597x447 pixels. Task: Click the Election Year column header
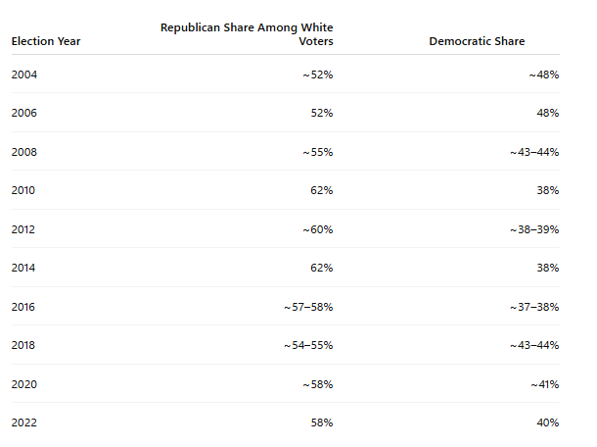point(46,41)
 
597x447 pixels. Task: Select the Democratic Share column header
point(477,41)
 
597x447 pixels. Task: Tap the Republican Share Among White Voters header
point(247,34)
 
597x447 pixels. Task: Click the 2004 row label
point(24,74)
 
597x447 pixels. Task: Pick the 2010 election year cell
point(23,190)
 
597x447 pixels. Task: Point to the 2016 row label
point(23,307)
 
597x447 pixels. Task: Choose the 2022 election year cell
point(24,422)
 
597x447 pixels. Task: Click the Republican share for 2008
point(318,152)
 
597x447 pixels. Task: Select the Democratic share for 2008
point(534,152)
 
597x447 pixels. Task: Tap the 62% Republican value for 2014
point(322,268)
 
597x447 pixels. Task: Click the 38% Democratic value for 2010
point(548,190)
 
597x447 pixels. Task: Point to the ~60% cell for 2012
point(318,229)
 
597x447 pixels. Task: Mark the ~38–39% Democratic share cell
point(534,229)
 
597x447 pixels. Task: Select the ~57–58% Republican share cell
point(308,307)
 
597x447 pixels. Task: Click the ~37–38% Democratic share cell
point(534,307)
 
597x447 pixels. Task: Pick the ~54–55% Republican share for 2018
point(308,345)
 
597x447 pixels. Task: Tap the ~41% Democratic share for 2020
point(545,384)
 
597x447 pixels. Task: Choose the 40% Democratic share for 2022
point(548,422)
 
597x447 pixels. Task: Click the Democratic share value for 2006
point(548,113)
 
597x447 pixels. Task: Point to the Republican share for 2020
point(318,384)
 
